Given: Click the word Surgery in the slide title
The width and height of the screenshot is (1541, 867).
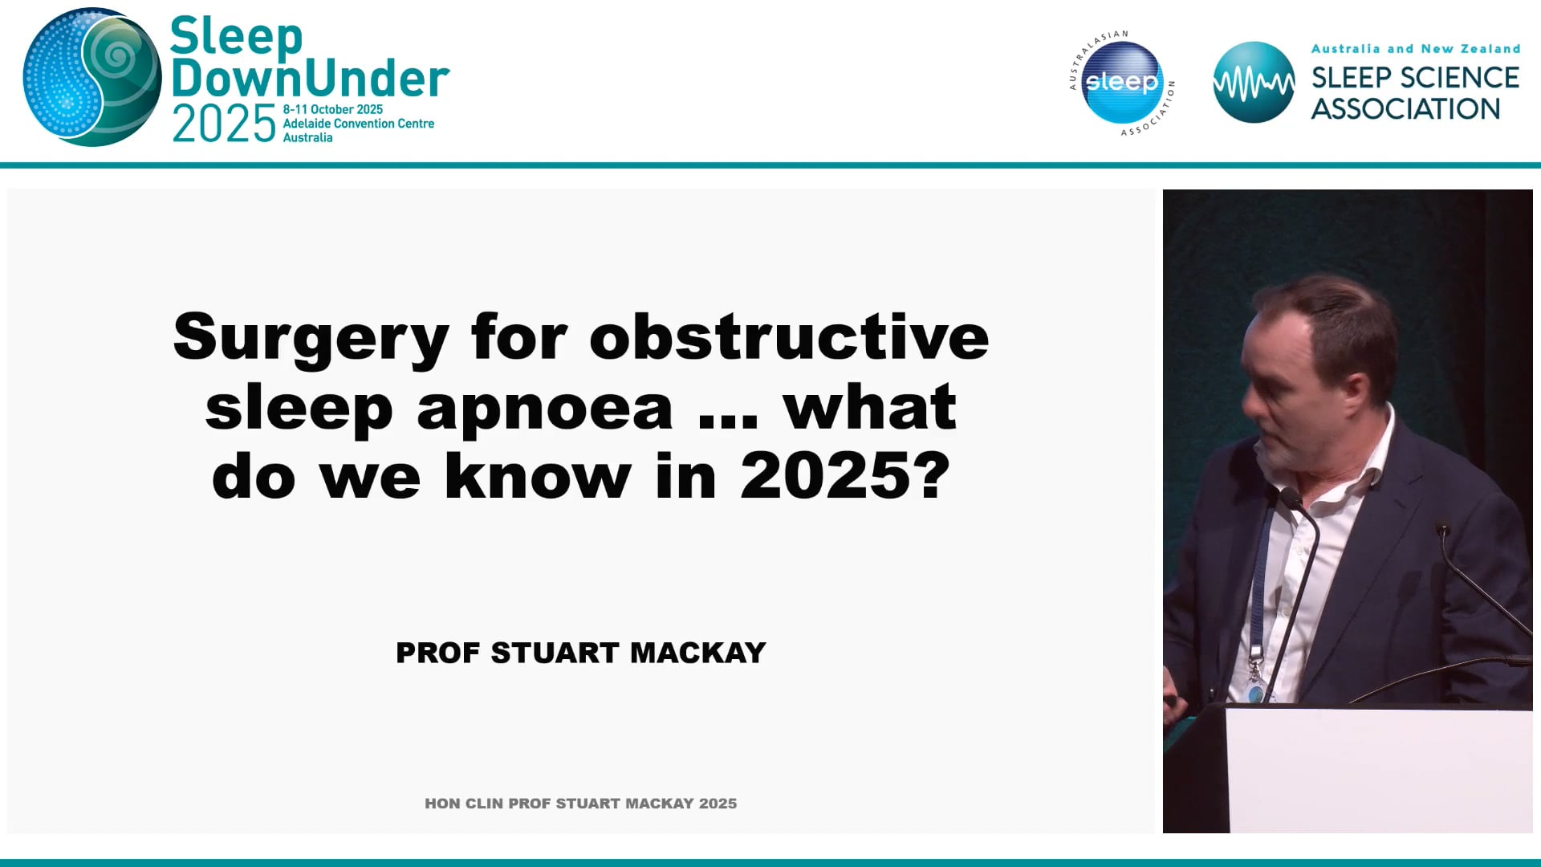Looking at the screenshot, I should pos(311,338).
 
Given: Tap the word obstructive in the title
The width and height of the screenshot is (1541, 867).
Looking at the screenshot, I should pos(789,338).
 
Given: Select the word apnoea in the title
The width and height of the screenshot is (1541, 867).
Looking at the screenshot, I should pos(544,408).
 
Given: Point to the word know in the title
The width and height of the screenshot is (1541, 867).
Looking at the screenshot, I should pos(538,477).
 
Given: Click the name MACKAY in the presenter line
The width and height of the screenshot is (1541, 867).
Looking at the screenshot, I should pos(698,653).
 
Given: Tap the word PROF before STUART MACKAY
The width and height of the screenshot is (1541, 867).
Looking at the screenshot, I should pos(438,653).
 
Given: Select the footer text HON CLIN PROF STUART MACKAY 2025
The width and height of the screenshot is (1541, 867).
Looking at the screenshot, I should pos(580,804).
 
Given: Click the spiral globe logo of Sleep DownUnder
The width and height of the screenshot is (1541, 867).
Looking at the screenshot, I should pos(91,78).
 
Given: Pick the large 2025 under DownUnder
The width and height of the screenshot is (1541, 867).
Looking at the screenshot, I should pos(224,125).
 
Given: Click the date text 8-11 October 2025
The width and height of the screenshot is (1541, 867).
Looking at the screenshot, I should pos(332,109).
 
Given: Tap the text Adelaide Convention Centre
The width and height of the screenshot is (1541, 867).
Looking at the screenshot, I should pos(358,124).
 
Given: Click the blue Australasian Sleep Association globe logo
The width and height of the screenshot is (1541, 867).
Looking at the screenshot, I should pos(1121,82).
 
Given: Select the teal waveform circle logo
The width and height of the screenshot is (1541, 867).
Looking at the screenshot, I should pos(1253,82).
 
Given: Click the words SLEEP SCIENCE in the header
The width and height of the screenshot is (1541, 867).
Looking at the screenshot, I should pos(1415,78).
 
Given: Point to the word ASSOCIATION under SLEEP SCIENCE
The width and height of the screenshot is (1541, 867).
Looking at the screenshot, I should pos(1405,109).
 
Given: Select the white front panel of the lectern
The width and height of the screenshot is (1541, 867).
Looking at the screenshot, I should pos(1376,771).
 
